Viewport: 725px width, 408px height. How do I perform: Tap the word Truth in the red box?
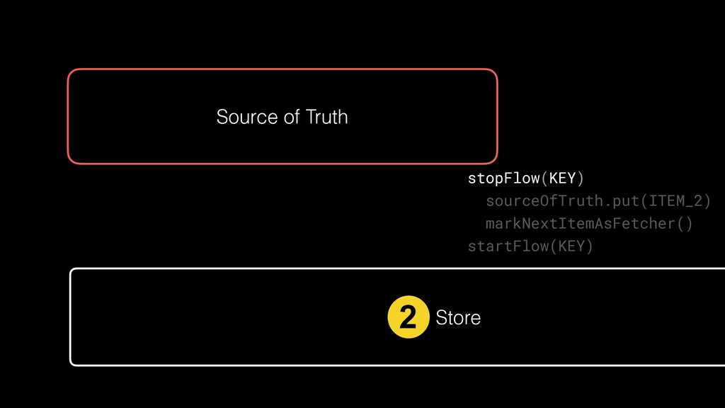coord(326,117)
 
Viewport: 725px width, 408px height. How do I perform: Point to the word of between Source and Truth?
coord(292,117)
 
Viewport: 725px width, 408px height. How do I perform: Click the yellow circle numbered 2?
coord(409,317)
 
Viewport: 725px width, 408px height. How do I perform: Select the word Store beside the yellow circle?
coord(458,318)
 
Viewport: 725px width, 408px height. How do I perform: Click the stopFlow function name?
coord(503,177)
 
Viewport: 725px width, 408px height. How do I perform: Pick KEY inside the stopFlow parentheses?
coord(563,177)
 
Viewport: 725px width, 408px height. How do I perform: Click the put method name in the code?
coord(619,201)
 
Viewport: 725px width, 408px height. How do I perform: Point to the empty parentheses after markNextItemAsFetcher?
coord(685,224)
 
